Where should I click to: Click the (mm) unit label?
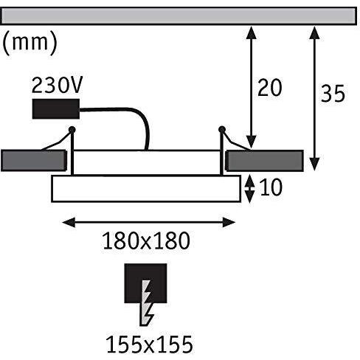[30, 43]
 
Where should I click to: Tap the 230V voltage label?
[58, 85]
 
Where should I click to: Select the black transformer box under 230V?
[56, 109]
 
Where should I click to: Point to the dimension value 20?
[269, 88]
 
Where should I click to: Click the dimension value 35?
[333, 94]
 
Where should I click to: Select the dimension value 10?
[271, 187]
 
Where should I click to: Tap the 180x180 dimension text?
[146, 240]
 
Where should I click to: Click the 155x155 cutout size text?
[150, 345]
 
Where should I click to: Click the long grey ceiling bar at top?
[179, 16]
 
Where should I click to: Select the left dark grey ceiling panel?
[34, 160]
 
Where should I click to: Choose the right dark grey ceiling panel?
[265, 160]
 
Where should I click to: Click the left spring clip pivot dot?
[72, 129]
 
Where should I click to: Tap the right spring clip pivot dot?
[222, 129]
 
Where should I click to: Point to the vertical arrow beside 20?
[251, 87]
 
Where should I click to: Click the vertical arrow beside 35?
[314, 98]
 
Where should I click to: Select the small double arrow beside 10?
[250, 189]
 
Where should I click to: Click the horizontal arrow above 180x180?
[149, 222]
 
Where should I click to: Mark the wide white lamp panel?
[146, 189]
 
